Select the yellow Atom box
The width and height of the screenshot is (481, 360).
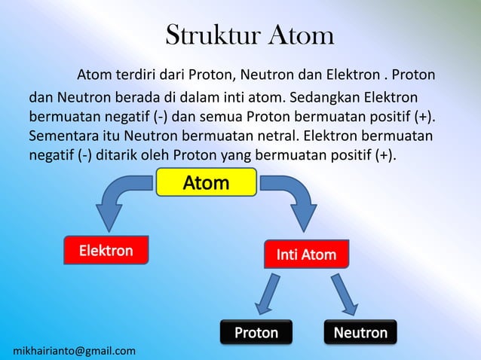coord(207,183)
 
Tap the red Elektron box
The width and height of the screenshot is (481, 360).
coord(106,251)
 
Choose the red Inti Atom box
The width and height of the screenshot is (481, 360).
coord(306,255)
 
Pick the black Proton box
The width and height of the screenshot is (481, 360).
coord(256,332)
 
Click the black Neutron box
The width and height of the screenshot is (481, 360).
coord(360,332)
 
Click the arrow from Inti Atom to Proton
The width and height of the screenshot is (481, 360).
coord(267,294)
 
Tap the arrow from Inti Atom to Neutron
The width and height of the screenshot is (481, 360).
coord(345,294)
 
